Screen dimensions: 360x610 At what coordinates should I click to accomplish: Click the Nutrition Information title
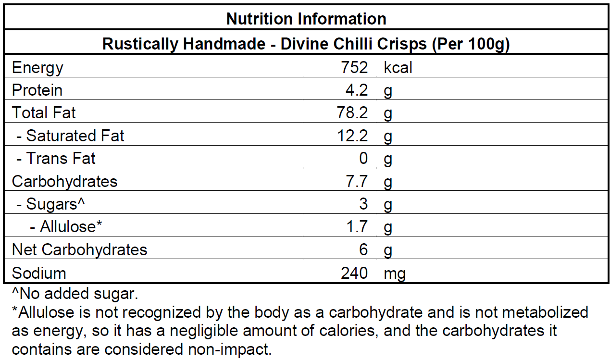(306, 19)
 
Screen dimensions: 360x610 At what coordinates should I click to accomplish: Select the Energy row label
(37, 68)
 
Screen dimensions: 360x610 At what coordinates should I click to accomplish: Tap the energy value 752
(354, 68)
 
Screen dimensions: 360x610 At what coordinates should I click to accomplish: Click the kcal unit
(398, 68)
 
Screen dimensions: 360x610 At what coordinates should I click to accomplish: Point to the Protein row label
(37, 90)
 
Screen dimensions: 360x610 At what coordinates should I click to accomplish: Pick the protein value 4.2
(357, 90)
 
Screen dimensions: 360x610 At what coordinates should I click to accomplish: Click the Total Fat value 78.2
(353, 113)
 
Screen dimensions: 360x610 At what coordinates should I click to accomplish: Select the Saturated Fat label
(70, 136)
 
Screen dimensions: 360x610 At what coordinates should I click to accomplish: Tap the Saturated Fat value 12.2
(353, 136)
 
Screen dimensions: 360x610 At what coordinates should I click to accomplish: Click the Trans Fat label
(56, 159)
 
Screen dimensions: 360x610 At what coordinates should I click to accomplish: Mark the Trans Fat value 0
(363, 159)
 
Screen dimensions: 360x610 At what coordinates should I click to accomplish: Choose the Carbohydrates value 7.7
(357, 182)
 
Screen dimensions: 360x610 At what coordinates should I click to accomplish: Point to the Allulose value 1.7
(357, 227)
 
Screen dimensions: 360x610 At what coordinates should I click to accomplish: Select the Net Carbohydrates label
(79, 250)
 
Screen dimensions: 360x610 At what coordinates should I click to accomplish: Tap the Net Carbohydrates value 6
(363, 250)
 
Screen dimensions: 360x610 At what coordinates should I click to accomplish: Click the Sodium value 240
(354, 273)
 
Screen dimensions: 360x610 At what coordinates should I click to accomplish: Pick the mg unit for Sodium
(395, 273)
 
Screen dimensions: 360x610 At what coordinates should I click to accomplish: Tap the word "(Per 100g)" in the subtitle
(470, 44)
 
